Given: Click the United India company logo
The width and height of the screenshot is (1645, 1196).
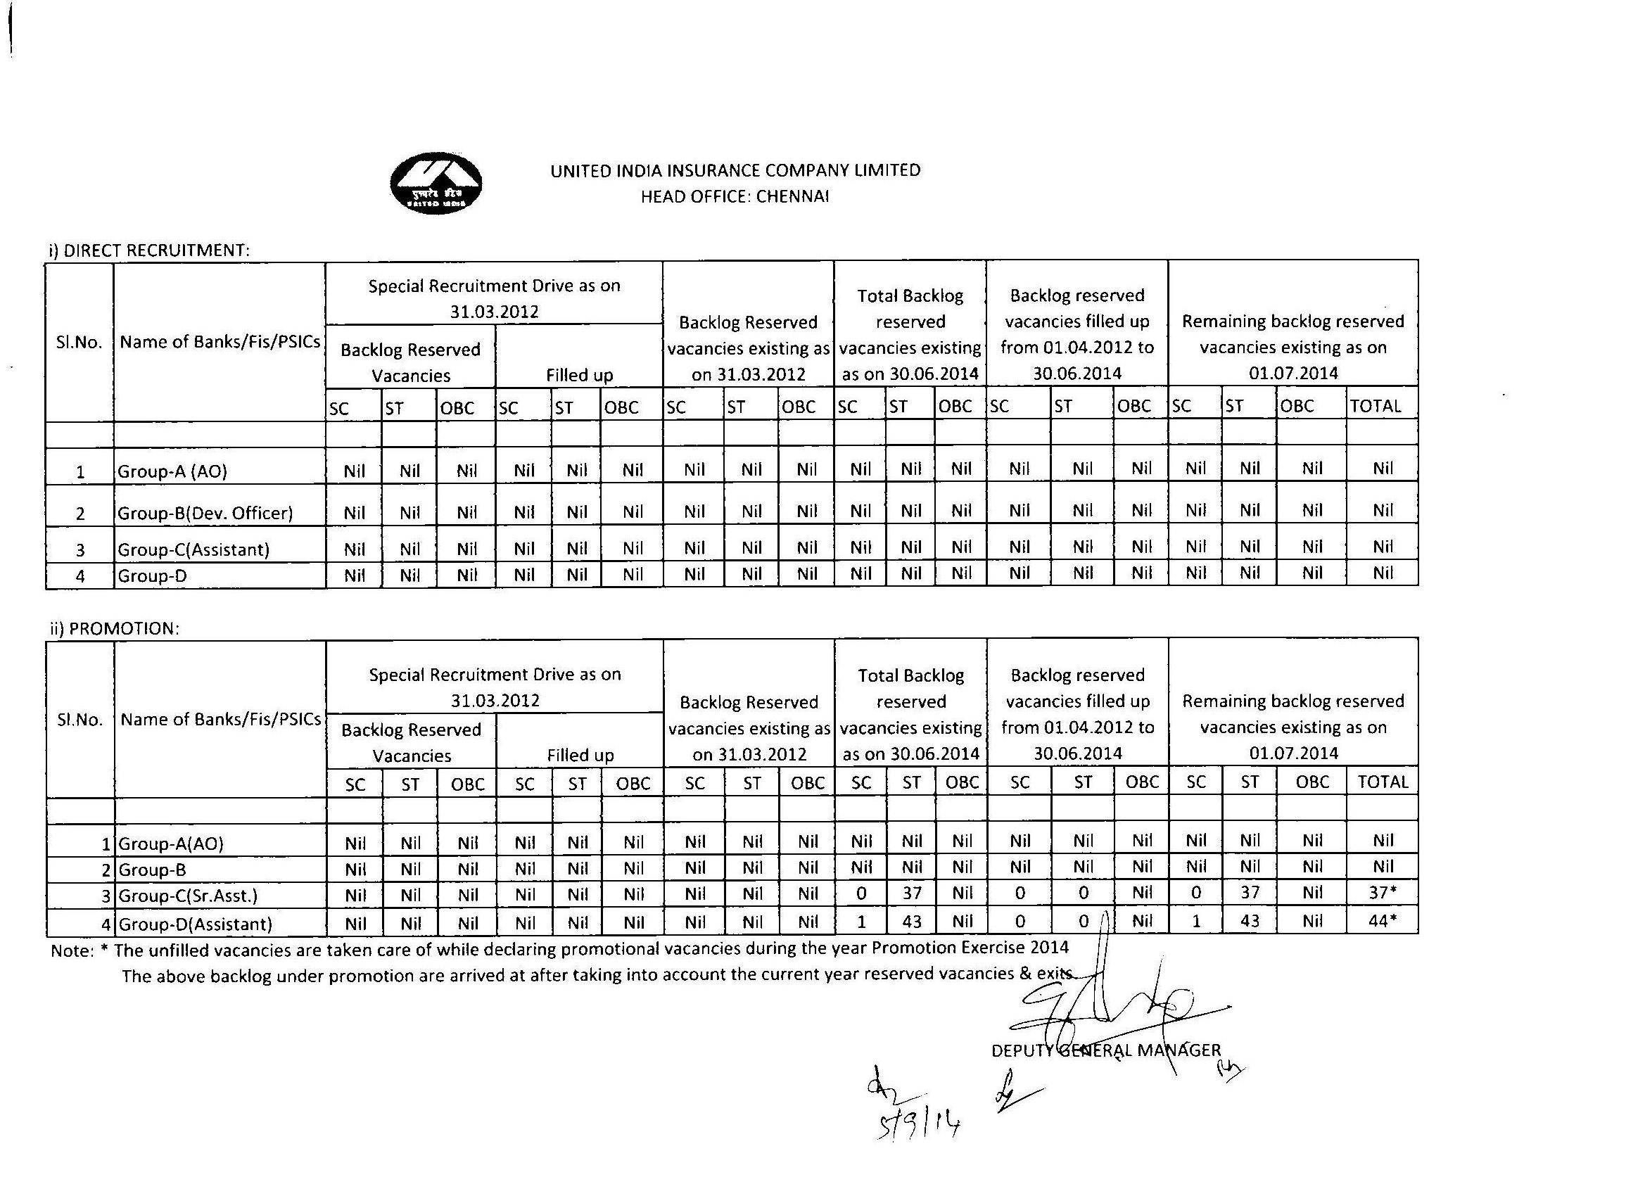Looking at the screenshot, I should point(436,184).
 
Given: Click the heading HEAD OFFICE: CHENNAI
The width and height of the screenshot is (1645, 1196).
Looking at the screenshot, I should point(735,196).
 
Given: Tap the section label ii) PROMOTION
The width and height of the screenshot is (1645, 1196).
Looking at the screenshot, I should point(115,628).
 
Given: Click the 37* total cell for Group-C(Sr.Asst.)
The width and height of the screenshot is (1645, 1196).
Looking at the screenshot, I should point(1383,893).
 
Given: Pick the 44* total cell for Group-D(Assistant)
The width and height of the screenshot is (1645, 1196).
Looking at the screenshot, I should point(1383,921).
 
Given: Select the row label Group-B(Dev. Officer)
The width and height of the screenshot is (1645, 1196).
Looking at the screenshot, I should point(205,514).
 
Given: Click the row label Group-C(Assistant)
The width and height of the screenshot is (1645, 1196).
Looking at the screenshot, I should point(193,549).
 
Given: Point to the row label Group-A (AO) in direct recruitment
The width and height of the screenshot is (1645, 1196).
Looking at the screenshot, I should point(172,471).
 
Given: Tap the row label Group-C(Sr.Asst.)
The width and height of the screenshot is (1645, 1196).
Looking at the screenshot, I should point(188,896).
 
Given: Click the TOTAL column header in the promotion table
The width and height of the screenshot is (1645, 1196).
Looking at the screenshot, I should point(1383,782).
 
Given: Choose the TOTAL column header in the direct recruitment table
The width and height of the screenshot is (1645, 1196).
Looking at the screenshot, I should point(1376,406).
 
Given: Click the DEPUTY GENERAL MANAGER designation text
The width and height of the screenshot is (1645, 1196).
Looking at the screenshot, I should point(1106,1050).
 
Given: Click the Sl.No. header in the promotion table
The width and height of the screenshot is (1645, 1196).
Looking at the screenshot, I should point(80,720).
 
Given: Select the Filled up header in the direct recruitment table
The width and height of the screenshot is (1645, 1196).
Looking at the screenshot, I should point(579,375).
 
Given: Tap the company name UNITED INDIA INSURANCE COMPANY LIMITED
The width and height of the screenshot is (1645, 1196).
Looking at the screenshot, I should point(735,170).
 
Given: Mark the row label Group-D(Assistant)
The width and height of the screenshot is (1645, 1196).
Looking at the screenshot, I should point(195,924).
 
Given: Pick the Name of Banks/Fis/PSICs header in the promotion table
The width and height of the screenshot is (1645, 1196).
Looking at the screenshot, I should point(220,720).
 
